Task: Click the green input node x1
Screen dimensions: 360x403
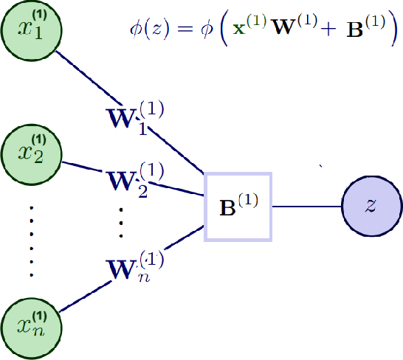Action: [x=31, y=30]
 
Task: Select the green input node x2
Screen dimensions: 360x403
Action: [x=31, y=154]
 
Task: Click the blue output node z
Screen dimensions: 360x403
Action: [x=371, y=206]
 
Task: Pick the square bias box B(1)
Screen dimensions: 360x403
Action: [x=238, y=206]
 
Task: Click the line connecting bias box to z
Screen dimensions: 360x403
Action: [x=306, y=206]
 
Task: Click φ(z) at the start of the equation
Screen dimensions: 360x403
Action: [x=145, y=30]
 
